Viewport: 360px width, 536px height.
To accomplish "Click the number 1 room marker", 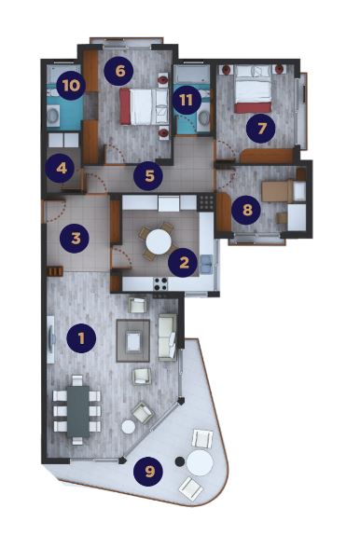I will tap(81, 337).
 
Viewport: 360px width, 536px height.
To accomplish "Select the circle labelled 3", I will tap(76, 237).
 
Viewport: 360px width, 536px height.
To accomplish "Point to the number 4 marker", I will tap(62, 170).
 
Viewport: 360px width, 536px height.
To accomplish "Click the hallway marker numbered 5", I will tap(147, 173).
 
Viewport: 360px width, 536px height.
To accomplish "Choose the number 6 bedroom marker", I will tap(118, 70).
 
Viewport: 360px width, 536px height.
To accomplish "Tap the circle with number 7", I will tap(261, 129).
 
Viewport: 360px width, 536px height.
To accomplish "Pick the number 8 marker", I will tap(246, 210).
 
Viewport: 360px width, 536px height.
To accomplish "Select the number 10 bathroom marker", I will tap(70, 86).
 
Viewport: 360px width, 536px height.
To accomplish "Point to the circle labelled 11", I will tap(187, 100).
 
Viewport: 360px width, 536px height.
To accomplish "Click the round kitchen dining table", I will tap(158, 242).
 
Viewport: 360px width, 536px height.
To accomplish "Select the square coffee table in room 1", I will tap(133, 342).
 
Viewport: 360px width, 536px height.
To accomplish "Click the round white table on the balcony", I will tap(200, 462).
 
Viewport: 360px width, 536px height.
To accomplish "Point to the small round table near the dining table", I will tap(129, 426).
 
